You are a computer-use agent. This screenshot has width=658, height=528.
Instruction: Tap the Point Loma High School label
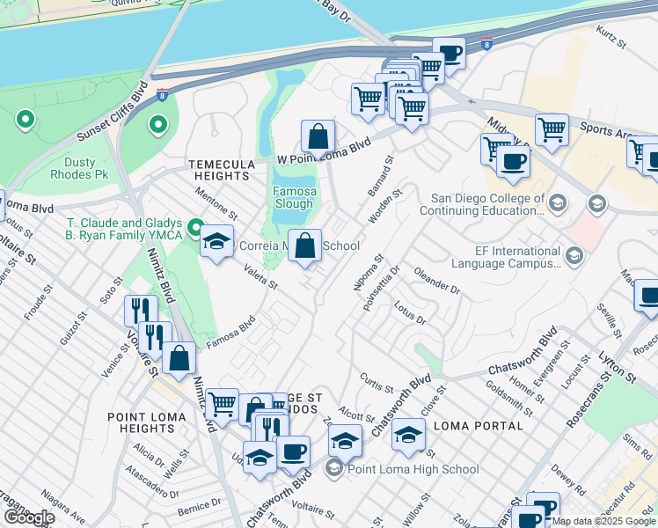(x=413, y=469)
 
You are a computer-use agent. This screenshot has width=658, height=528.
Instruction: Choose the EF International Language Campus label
(x=506, y=256)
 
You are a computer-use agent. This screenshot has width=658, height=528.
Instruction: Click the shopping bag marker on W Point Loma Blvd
(x=318, y=136)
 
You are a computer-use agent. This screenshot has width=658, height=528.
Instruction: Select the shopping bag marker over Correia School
(x=305, y=246)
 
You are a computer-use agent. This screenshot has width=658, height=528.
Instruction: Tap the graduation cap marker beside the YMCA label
(x=216, y=243)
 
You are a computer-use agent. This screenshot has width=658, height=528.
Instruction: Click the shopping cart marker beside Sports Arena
(x=552, y=129)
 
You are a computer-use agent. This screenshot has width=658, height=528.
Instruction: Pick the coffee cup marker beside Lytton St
(x=648, y=295)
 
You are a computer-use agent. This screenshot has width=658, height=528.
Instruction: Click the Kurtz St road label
(x=610, y=36)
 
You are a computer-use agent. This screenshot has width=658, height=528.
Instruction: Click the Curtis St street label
(x=376, y=382)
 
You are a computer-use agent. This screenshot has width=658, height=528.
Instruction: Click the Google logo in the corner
(x=28, y=517)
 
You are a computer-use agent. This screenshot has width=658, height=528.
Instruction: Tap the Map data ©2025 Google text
(x=603, y=521)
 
